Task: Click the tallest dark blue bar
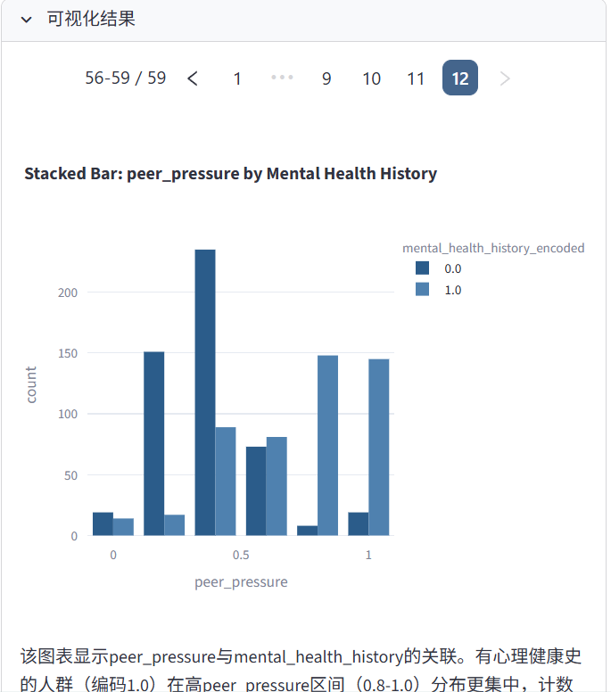(205, 392)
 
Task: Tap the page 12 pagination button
(460, 78)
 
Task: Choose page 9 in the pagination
(326, 78)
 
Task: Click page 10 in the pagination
(371, 78)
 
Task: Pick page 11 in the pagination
(416, 78)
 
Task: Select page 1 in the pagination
(237, 78)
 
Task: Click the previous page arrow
(193, 78)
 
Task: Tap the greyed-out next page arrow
(505, 78)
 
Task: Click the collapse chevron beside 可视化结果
(26, 20)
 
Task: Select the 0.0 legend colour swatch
(423, 268)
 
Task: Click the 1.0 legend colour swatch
(423, 290)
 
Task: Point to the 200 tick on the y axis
(69, 292)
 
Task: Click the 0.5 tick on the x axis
(241, 556)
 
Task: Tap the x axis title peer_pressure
(241, 582)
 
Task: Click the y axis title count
(31, 384)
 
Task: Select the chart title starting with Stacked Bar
(230, 174)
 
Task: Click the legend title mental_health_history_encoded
(493, 248)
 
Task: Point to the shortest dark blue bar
(308, 531)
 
